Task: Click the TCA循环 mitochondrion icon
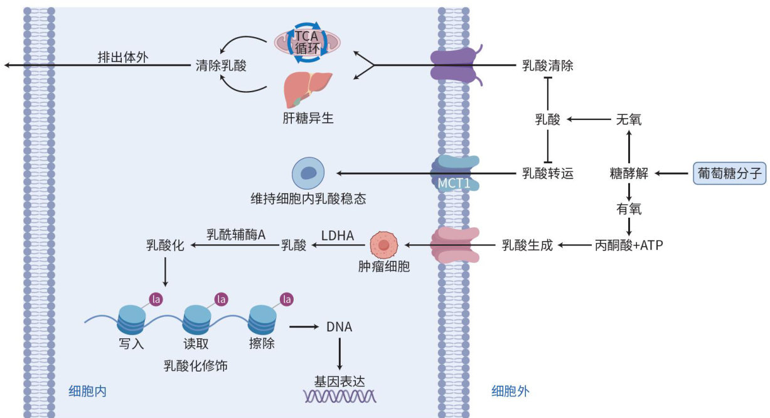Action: click(307, 42)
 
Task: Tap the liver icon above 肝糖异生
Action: click(307, 90)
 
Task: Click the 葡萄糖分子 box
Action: click(730, 173)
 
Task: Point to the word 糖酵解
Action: click(629, 173)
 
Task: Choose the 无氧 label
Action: click(629, 119)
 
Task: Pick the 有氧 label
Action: click(629, 208)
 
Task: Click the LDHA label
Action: click(338, 236)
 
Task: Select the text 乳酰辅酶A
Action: click(236, 234)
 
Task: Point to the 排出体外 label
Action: click(123, 57)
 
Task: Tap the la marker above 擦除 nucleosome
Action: click(287, 299)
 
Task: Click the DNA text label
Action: click(340, 327)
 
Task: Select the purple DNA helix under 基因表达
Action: click(340, 396)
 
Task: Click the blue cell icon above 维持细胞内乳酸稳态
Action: click(308, 174)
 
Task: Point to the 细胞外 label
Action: click(510, 392)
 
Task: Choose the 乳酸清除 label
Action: click(548, 65)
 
